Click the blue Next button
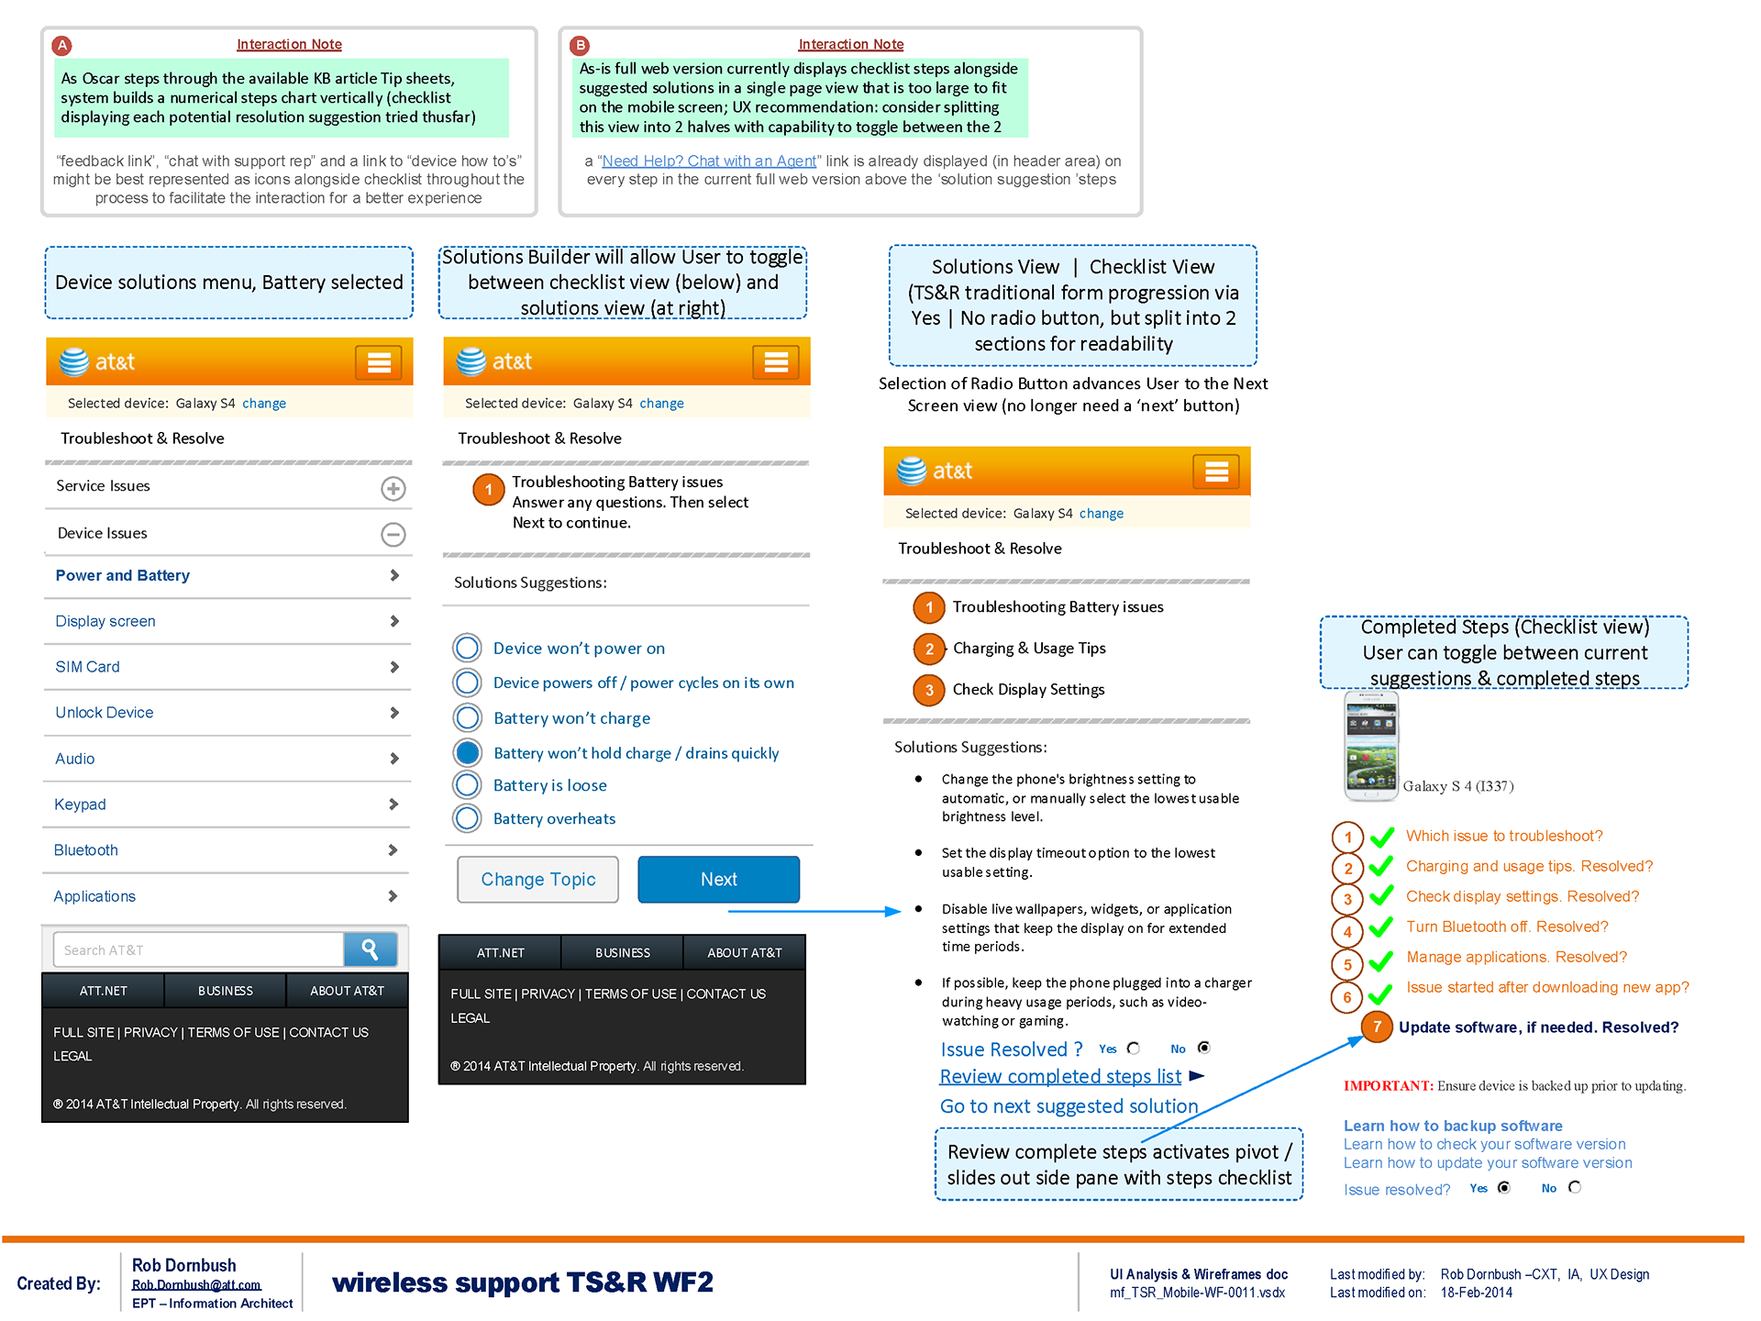coord(718,879)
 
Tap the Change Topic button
coord(537,879)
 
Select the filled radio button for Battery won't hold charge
coord(468,752)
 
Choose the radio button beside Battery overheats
coord(468,818)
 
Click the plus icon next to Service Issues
coord(393,488)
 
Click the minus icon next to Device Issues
coord(393,534)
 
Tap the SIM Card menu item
coord(87,667)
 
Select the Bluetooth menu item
coord(85,850)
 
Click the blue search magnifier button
coord(371,949)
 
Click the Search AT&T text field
coord(198,949)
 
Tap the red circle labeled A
coord(62,45)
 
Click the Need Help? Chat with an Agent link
coord(708,161)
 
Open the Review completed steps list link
coord(1060,1076)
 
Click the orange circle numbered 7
coord(1377,1027)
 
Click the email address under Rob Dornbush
coord(196,1285)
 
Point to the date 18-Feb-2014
coord(1477,1293)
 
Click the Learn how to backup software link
coord(1453,1126)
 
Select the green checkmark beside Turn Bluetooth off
coord(1381,927)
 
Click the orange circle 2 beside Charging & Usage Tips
coord(929,649)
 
